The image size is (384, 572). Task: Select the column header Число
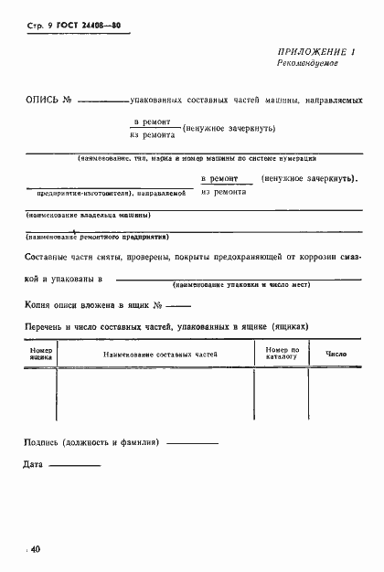(x=336, y=353)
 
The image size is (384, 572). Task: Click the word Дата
(x=33, y=466)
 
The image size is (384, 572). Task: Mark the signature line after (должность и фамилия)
(x=193, y=444)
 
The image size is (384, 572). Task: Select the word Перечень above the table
(x=45, y=325)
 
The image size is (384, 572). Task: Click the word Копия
(x=39, y=303)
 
